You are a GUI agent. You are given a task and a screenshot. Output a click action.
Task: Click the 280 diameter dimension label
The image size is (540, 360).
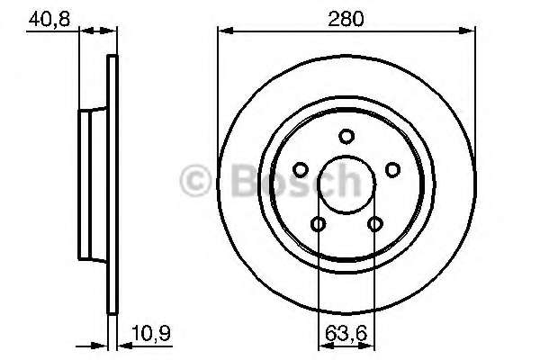click(346, 18)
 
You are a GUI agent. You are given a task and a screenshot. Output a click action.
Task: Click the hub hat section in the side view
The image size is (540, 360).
click(92, 184)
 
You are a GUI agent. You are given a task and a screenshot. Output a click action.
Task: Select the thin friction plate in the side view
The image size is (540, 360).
click(112, 184)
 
